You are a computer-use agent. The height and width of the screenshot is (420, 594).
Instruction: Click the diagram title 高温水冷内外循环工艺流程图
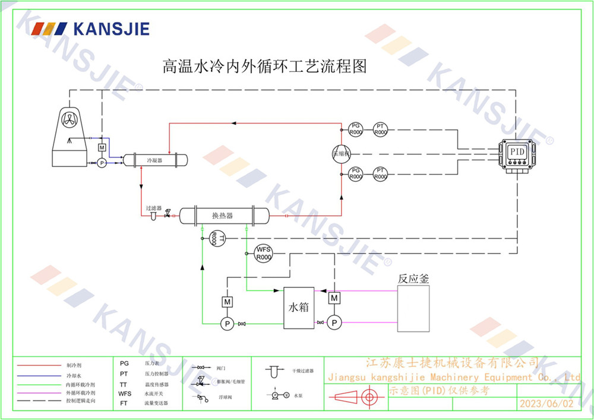click(264, 65)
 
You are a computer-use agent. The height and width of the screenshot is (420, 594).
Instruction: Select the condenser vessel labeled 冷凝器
click(155, 160)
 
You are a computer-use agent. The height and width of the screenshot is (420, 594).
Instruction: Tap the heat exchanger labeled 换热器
click(223, 215)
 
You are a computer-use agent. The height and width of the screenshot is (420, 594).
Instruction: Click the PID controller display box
click(517, 152)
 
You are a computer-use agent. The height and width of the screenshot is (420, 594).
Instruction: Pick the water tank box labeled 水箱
click(299, 308)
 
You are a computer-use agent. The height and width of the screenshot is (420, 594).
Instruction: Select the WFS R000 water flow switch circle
click(263, 254)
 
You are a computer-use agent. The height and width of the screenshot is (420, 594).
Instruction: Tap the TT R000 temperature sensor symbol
click(216, 239)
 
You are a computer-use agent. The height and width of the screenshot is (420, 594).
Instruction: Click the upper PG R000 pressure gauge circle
click(355, 129)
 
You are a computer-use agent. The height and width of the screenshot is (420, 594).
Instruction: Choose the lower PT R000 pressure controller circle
click(381, 173)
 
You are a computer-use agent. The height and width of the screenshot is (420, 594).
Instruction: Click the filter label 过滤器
click(154, 209)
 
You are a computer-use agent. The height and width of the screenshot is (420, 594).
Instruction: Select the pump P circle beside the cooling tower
click(102, 162)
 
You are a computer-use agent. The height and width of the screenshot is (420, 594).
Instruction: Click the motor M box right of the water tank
click(334, 297)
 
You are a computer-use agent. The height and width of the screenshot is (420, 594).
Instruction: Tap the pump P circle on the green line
click(226, 323)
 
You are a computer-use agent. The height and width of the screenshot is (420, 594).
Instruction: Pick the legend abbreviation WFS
click(125, 393)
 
